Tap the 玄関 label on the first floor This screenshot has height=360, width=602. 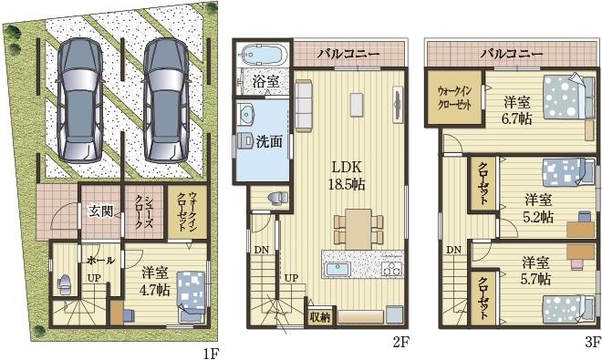click(99, 211)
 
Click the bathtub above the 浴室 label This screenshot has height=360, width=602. click(262, 53)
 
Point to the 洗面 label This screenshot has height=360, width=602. click(268, 141)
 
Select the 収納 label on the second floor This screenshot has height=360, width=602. click(318, 316)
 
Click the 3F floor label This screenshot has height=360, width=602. click(592, 345)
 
